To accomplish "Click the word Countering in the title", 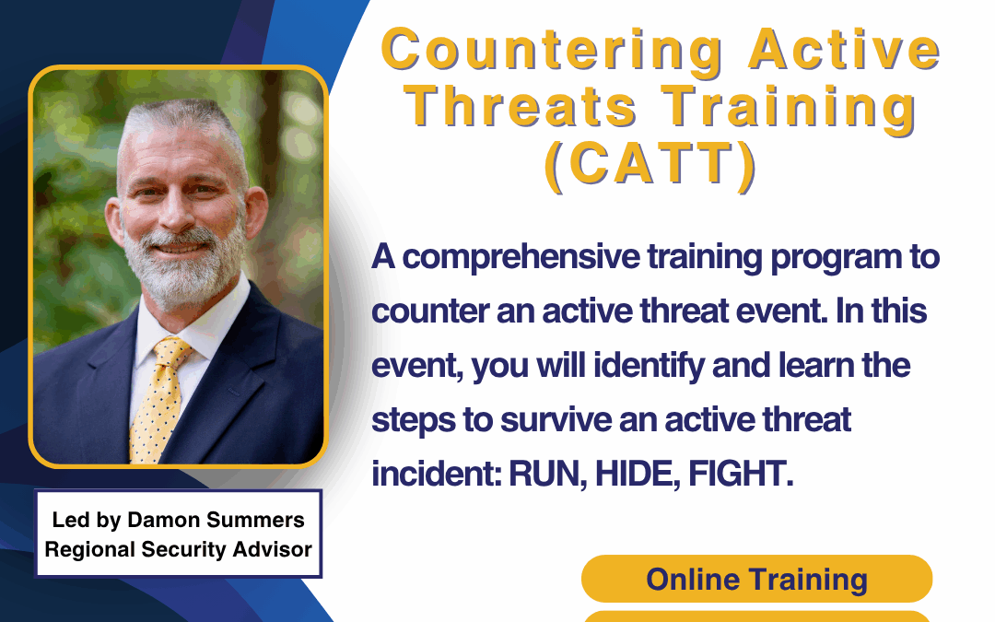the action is [552, 51].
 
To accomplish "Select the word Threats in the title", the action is [521, 107].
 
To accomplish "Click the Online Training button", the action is [756, 579].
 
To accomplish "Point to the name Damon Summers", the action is [216, 520].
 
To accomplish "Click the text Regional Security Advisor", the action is [179, 549].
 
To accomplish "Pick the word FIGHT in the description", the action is [741, 474].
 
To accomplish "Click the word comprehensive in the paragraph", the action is [521, 258].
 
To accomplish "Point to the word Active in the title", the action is [844, 50].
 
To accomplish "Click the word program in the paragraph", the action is [834, 258].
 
